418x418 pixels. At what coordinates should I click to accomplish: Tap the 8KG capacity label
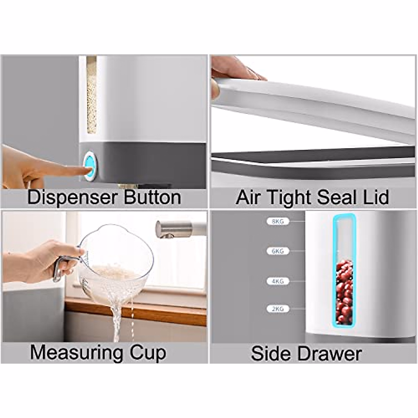click(278, 221)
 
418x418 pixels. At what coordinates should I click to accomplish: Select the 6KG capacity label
click(278, 251)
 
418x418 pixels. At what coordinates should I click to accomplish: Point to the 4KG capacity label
click(278, 281)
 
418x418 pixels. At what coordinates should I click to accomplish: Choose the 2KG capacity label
click(278, 309)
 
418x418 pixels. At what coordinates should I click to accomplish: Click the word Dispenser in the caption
click(71, 198)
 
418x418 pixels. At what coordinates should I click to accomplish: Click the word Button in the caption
click(152, 198)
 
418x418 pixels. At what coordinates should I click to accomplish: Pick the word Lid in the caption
click(376, 198)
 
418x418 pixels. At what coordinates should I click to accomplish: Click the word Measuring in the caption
click(76, 353)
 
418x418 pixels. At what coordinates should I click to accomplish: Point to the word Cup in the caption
click(148, 353)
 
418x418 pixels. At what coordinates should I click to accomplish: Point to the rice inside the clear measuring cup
click(111, 272)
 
